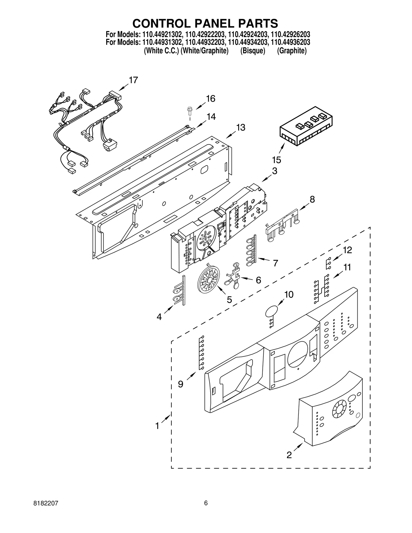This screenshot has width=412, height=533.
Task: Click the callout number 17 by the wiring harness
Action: pyautogui.click(x=133, y=80)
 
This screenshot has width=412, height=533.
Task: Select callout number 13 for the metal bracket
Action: pyautogui.click(x=241, y=127)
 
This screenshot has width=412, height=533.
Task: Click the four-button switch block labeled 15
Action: pyautogui.click(x=306, y=126)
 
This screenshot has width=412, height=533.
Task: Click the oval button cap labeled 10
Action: pyautogui.click(x=272, y=312)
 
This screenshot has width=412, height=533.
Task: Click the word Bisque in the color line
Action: pyautogui.click(x=253, y=51)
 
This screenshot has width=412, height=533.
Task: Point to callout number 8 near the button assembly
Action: pyautogui.click(x=312, y=199)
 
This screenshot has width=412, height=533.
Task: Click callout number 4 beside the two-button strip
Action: pyautogui.click(x=159, y=317)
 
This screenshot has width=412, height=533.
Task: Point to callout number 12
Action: pyautogui.click(x=347, y=250)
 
